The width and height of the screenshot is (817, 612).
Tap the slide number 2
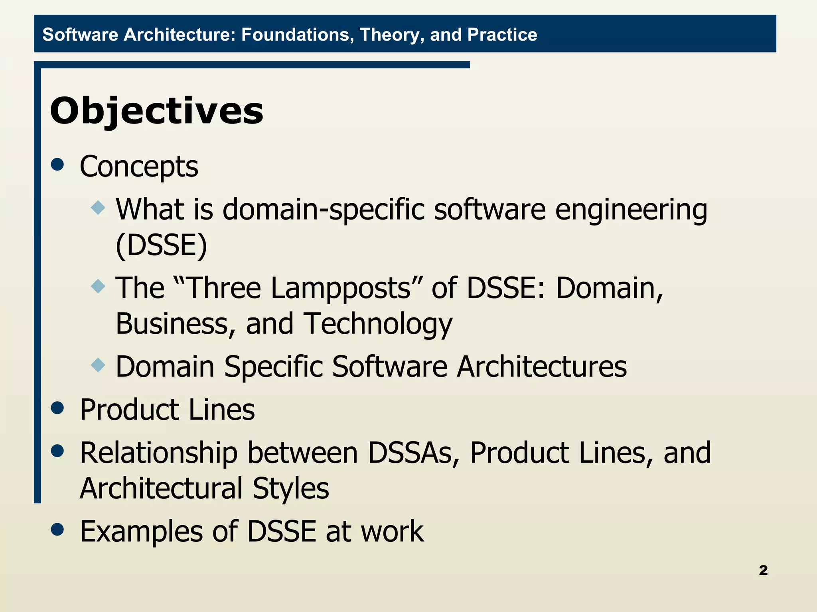[763, 570]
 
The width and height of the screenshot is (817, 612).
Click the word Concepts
[139, 166]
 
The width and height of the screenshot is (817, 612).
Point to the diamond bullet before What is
[98, 208]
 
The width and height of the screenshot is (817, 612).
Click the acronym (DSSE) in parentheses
[162, 245]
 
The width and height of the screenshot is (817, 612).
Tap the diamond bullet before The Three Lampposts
[98, 286]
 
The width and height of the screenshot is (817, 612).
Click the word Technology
[378, 324]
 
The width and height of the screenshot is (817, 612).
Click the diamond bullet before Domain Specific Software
[98, 365]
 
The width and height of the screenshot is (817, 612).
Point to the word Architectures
[541, 367]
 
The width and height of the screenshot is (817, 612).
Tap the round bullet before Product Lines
[58, 408]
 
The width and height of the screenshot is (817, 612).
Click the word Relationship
[159, 453]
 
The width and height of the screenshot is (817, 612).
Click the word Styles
[290, 488]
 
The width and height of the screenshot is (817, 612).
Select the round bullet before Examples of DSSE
[58, 530]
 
